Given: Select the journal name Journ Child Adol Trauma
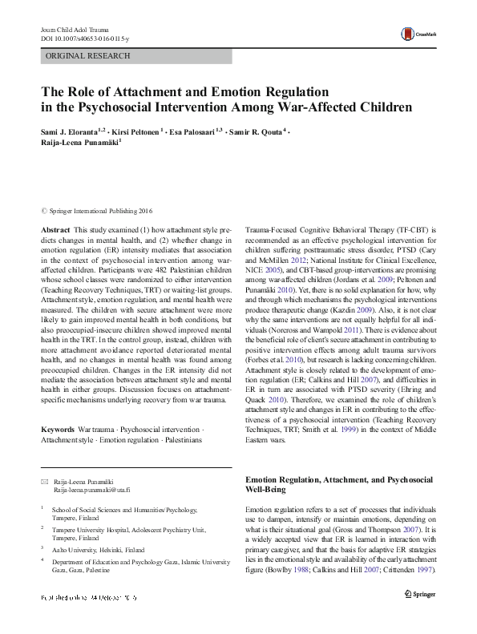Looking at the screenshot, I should tap(75, 29).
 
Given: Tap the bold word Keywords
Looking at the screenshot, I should tap(59, 430).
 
